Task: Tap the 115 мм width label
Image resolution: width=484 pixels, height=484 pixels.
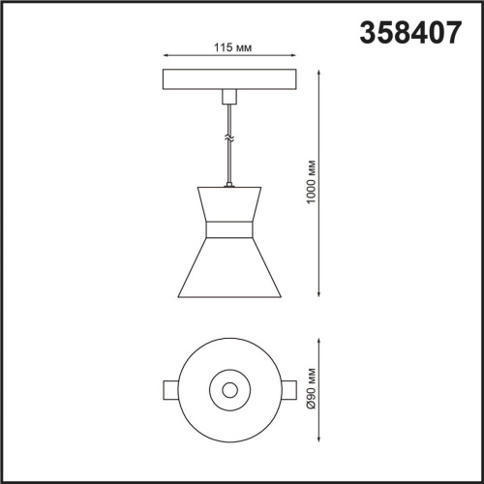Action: (228, 47)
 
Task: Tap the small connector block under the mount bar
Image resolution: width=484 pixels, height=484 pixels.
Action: (229, 96)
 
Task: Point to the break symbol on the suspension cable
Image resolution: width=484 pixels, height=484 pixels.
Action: (229, 138)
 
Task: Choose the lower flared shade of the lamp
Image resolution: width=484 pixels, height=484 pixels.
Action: (229, 271)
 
